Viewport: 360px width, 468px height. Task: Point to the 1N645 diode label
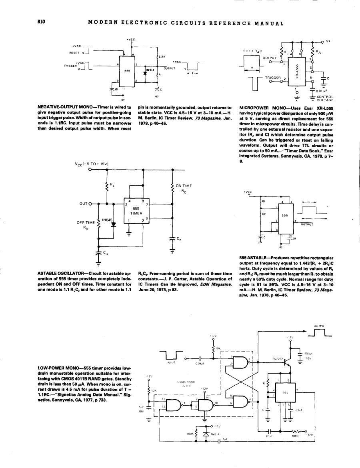[x=106, y=220]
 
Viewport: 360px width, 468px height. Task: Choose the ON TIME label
[x=184, y=186]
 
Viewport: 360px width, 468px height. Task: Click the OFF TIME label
[x=85, y=222]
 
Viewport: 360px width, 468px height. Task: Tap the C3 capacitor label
[x=106, y=253]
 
